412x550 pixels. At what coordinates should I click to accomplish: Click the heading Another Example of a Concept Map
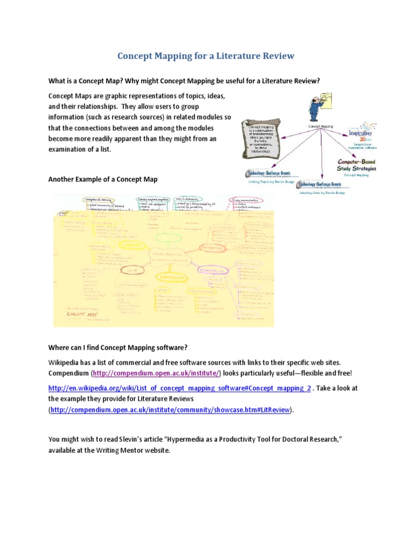pyautogui.click(x=103, y=179)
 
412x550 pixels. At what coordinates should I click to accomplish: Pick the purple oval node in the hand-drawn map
pyautogui.click(x=211, y=271)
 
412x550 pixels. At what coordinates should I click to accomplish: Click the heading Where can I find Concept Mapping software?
pyautogui.click(x=118, y=346)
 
